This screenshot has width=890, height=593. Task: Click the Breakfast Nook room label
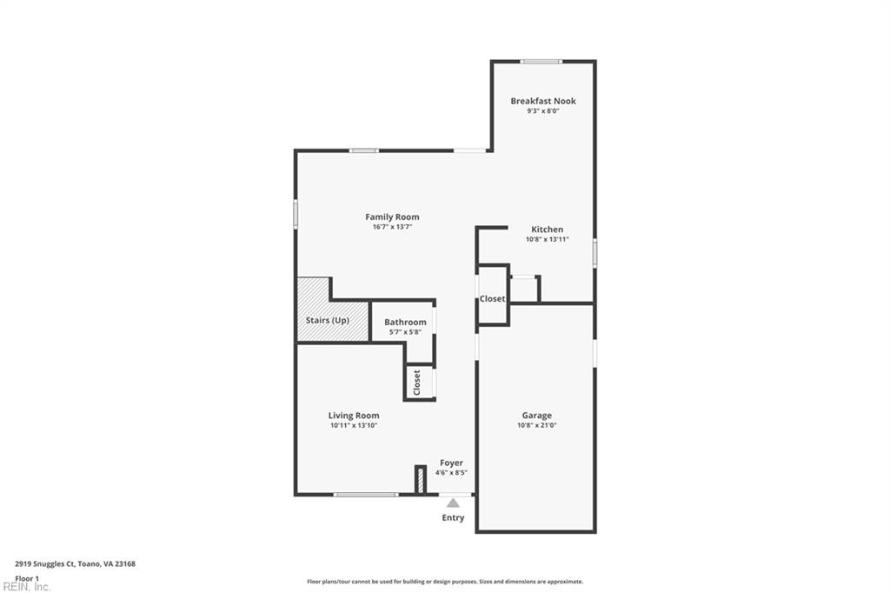543,101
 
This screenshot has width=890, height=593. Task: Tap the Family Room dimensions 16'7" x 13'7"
392,227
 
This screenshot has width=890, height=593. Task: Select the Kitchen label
548,230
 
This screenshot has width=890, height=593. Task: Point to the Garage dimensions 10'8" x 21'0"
537,425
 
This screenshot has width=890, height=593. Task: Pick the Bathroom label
405,322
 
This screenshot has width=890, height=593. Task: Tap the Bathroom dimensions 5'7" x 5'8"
405,332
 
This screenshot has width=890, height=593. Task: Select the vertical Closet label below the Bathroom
416,383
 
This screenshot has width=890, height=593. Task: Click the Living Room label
354,416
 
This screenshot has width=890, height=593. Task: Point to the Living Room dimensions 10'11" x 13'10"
354,425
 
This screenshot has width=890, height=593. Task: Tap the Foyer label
451,463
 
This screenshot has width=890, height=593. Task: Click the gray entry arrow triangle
453,503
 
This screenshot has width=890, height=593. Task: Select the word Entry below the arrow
453,517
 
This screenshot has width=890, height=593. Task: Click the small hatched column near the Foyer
421,479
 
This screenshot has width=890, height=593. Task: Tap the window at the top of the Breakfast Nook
541,62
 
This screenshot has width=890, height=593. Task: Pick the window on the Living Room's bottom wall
366,495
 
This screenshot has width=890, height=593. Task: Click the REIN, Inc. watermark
26,587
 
